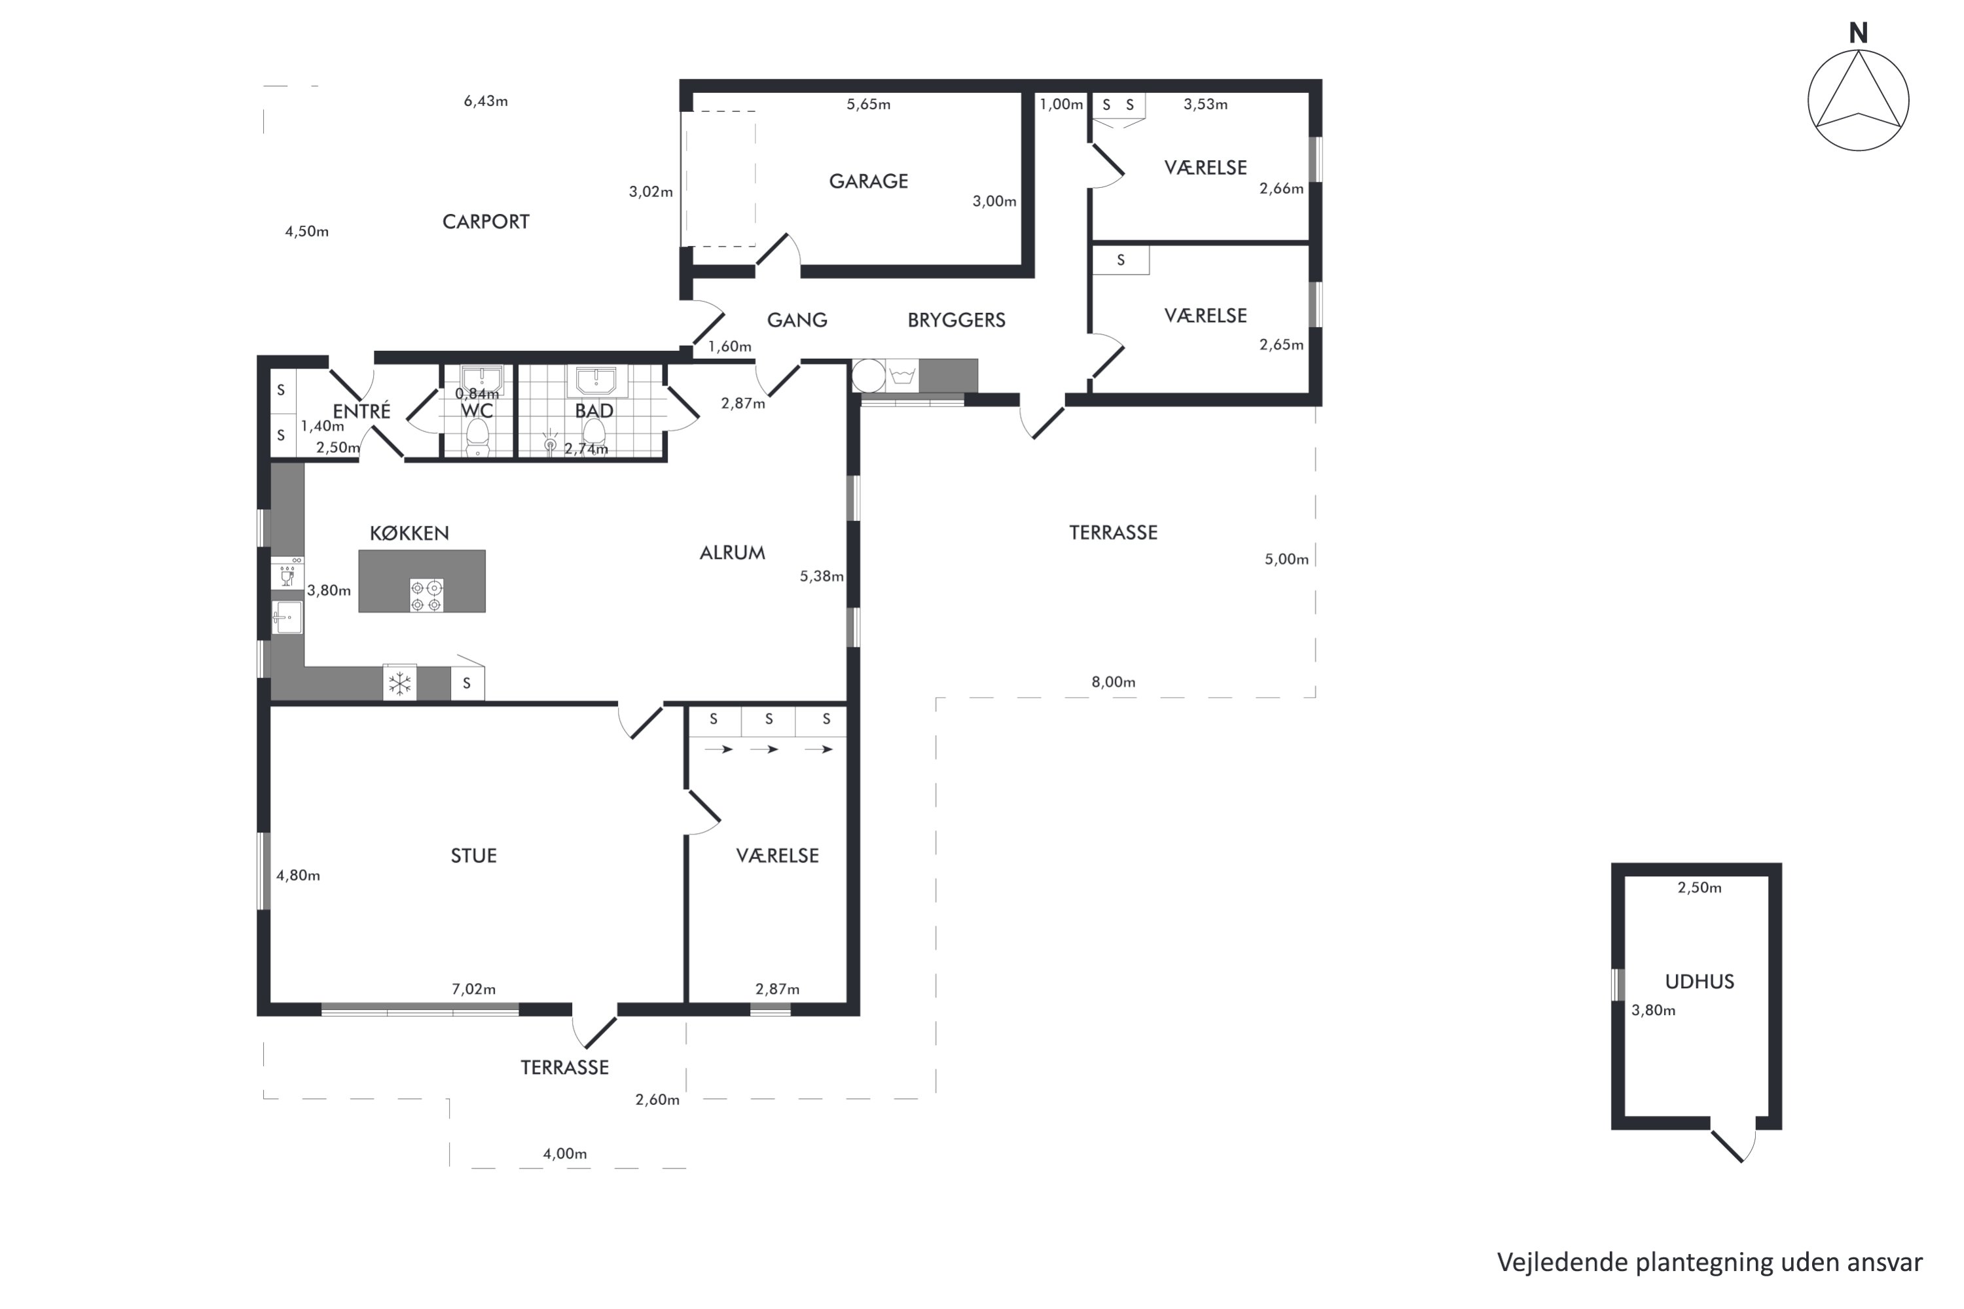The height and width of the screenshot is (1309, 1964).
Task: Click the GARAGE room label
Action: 869,181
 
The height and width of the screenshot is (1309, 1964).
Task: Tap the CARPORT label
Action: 485,221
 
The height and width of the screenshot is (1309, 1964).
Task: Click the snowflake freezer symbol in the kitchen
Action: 400,684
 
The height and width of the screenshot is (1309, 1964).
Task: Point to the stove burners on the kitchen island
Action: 426,595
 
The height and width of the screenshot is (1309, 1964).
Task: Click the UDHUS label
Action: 1700,982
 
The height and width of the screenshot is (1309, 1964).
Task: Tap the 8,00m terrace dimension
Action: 1113,682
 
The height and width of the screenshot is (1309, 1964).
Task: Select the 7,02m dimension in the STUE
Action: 473,989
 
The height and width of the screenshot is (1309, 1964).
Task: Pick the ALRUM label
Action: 733,552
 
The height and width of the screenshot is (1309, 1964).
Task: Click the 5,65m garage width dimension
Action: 869,104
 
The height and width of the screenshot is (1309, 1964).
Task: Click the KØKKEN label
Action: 409,533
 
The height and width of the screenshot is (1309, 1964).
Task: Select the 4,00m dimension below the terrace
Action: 564,1154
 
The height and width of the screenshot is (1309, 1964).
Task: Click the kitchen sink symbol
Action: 287,617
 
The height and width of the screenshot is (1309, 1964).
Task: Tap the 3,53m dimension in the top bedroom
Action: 1205,104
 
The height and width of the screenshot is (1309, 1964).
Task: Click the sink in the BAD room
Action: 596,381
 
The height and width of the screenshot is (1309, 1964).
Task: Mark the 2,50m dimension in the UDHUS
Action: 1700,888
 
